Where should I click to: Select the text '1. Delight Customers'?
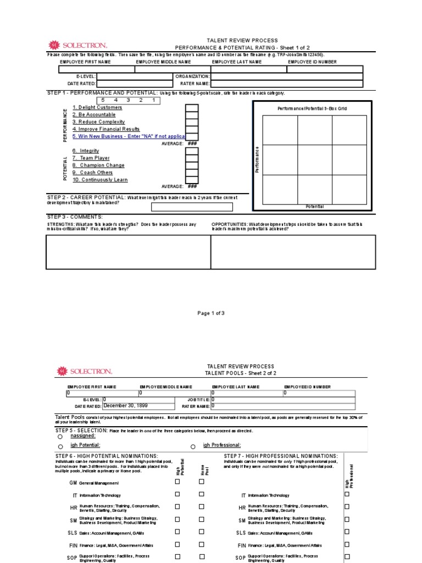tap(97, 108)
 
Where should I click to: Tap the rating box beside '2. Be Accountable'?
tap(192, 115)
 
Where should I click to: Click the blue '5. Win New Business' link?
tap(129, 136)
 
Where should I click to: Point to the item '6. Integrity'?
tap(86, 151)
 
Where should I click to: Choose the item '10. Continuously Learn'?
tap(100, 179)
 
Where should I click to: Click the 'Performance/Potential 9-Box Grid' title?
tap(312, 109)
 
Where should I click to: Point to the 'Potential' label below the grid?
tap(314, 206)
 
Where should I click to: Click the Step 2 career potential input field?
tap(188, 207)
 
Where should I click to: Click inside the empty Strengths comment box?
tap(129, 252)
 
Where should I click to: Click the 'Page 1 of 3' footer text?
tap(211, 313)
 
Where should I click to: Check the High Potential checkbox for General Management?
tap(177, 482)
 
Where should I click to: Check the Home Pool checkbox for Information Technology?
tap(201, 494)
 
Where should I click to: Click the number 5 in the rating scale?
tap(103, 101)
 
